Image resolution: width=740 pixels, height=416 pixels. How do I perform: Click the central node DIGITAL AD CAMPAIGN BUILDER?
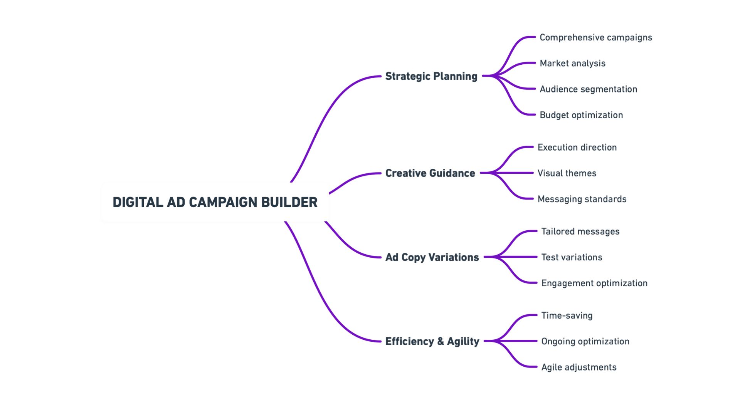215,202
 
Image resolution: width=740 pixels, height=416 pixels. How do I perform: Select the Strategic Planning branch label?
431,76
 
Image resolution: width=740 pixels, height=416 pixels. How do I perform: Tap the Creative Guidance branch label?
430,173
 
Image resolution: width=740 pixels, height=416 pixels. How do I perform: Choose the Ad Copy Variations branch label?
432,257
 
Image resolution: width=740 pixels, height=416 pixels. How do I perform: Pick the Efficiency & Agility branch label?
432,341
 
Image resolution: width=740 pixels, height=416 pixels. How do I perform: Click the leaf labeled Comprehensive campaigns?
595,37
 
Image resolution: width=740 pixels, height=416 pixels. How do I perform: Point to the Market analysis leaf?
572,63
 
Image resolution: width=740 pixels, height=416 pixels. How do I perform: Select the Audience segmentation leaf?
588,89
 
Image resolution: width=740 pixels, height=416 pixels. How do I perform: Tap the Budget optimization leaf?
581,115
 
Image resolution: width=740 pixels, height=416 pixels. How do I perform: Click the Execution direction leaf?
577,147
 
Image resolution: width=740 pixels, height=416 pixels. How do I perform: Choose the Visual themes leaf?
567,173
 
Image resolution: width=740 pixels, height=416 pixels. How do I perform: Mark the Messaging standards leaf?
582,199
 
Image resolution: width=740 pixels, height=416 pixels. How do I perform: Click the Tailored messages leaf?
580,231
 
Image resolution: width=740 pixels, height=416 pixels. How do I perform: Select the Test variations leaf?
572,257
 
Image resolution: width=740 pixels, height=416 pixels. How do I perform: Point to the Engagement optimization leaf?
594,283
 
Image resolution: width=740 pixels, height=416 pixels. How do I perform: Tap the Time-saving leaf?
567,315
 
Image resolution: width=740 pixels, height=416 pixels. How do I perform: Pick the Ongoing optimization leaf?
585,341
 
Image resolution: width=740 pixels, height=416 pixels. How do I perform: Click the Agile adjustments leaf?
579,367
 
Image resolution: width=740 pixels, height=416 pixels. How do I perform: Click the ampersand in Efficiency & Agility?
441,341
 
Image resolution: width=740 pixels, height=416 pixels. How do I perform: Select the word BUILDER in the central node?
289,202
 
